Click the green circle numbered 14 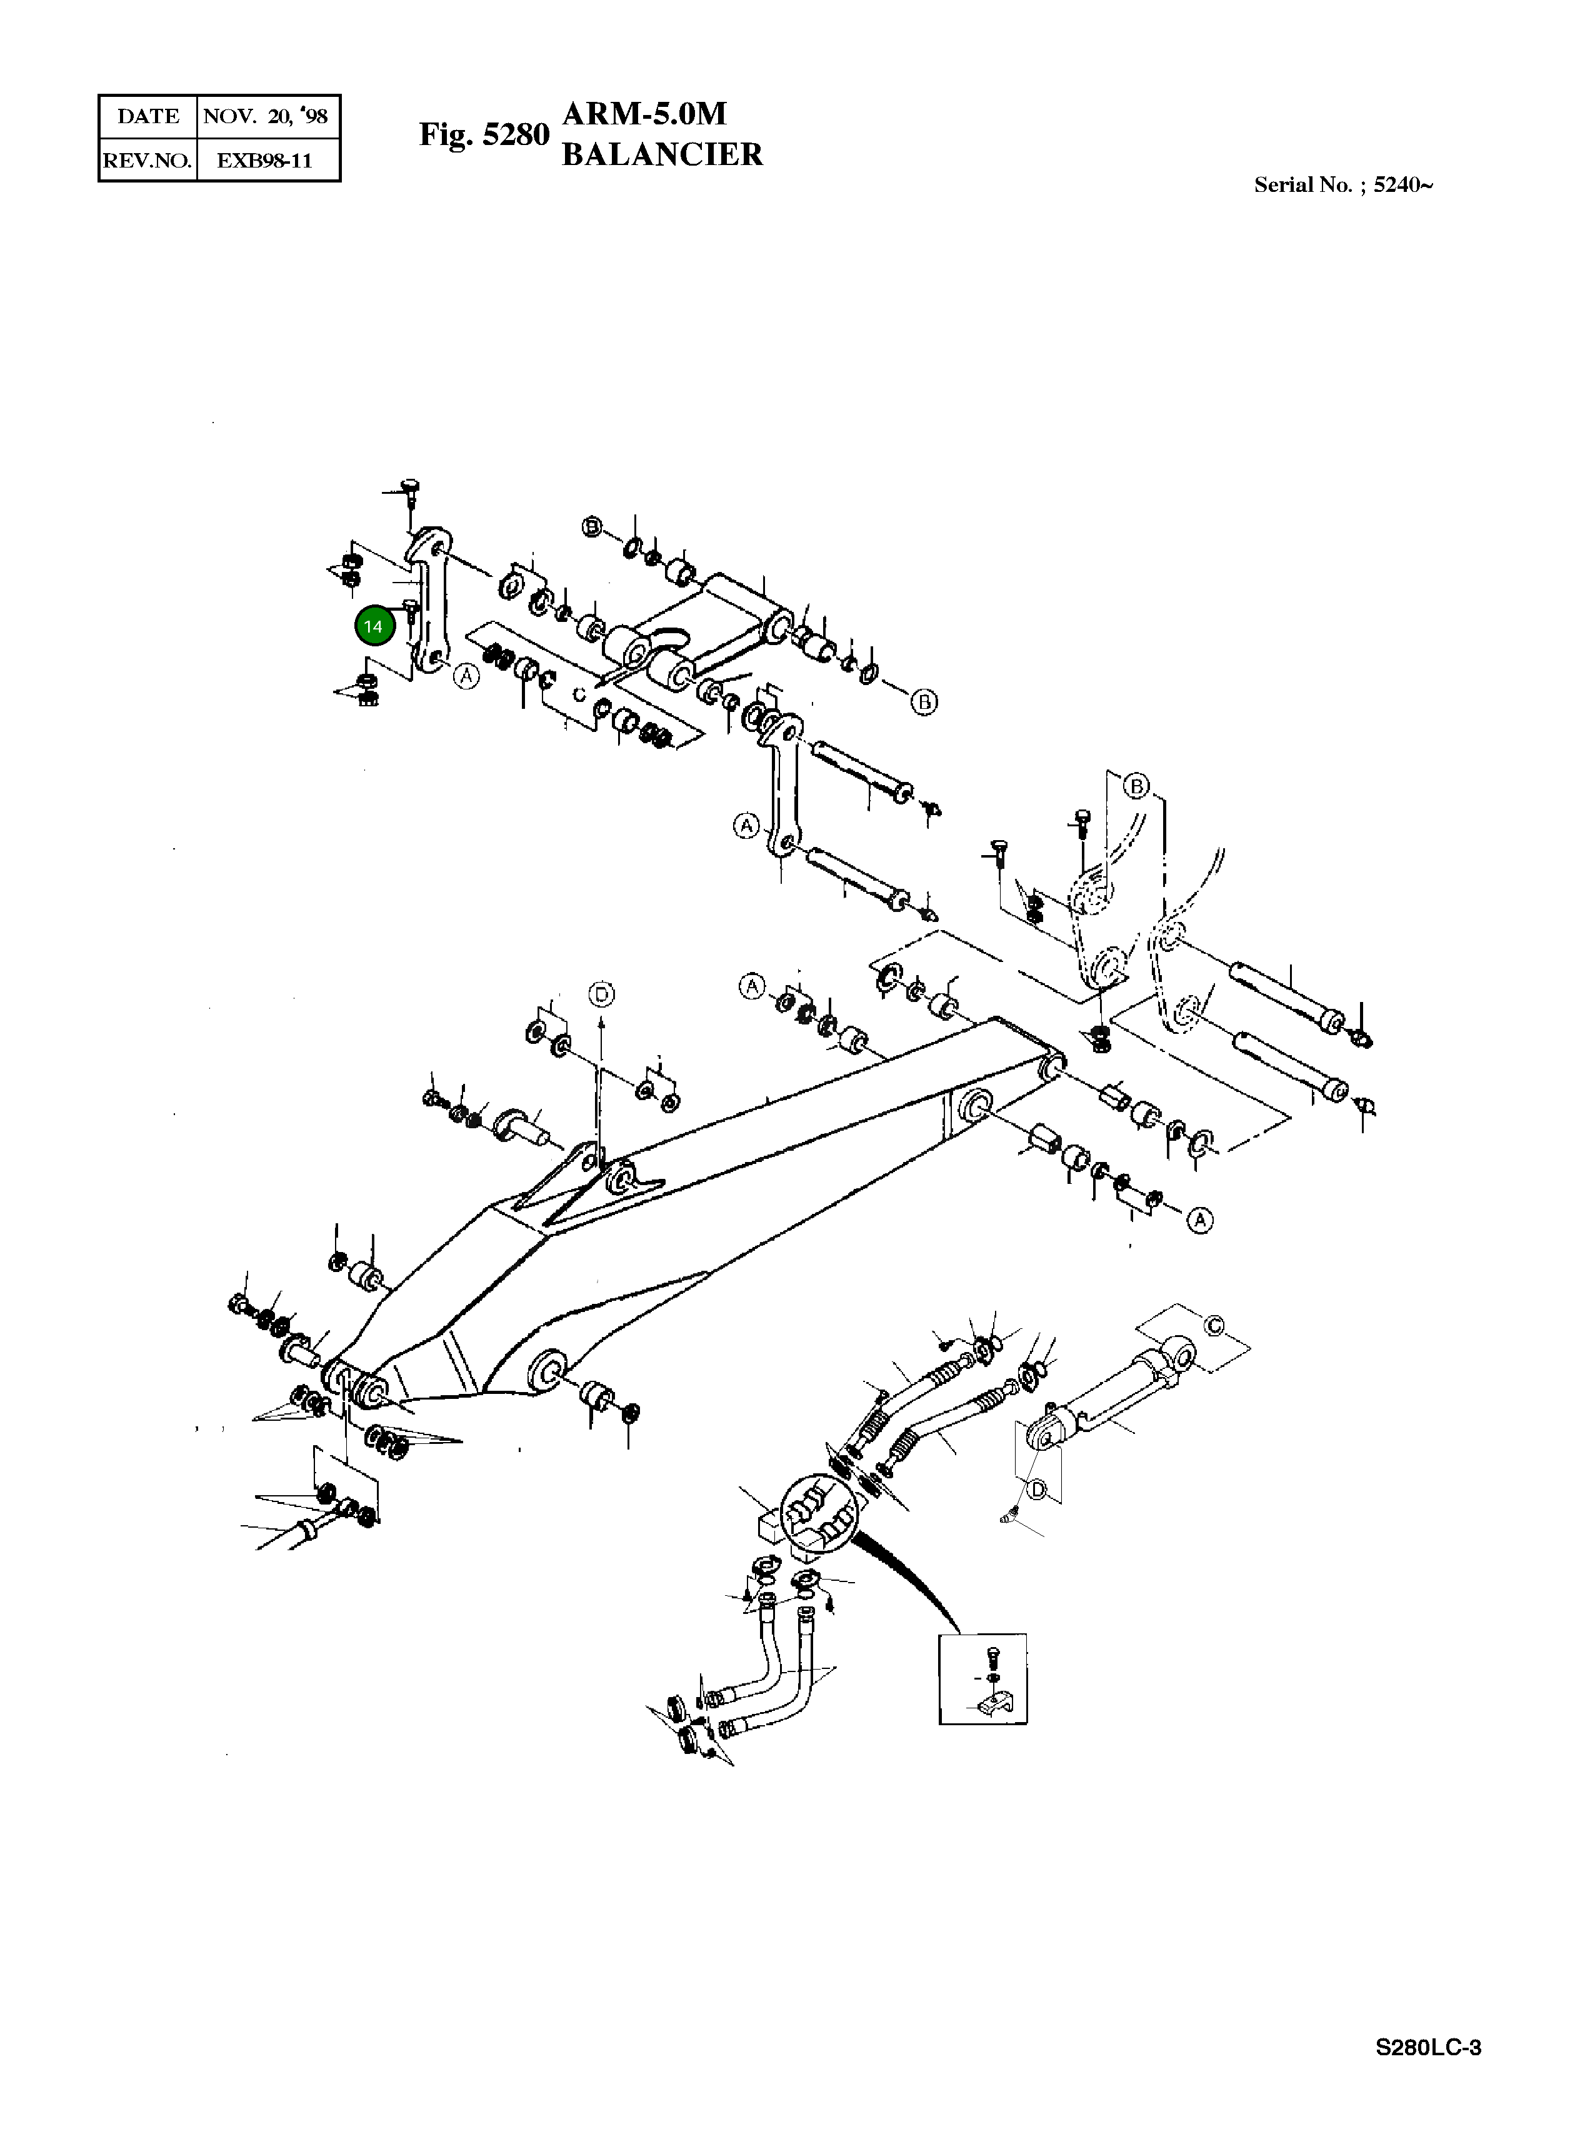pyautogui.click(x=372, y=626)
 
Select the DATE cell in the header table pyautogui.click(x=147, y=116)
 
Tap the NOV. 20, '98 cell pyautogui.click(x=266, y=116)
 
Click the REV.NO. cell pyautogui.click(x=147, y=160)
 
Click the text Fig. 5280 pyautogui.click(x=484, y=134)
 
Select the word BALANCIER pyautogui.click(x=662, y=154)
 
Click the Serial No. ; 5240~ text pyautogui.click(x=1342, y=185)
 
